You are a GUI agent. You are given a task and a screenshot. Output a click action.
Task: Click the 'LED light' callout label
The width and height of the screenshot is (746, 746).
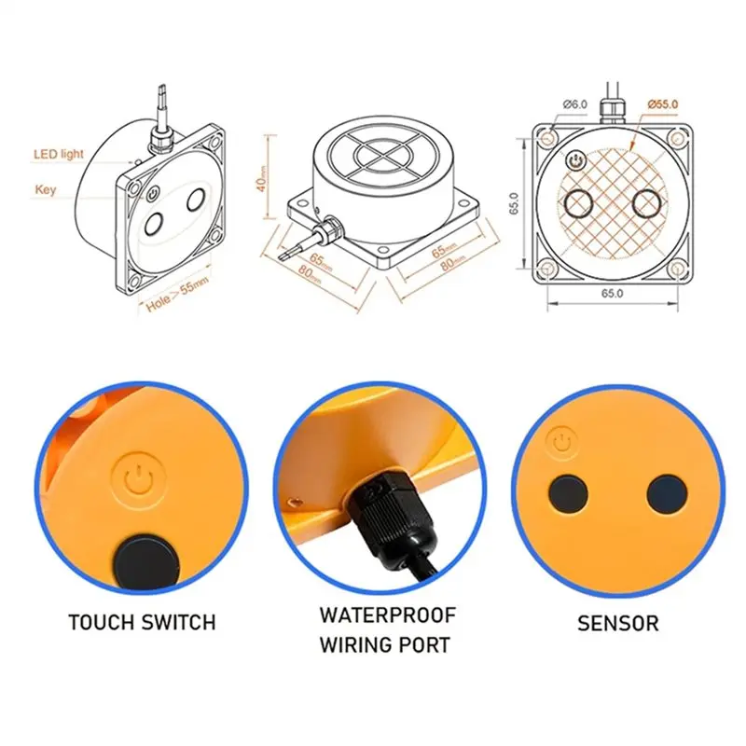point(59,154)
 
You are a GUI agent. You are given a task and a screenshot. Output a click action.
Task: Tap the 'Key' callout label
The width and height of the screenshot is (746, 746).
point(45,189)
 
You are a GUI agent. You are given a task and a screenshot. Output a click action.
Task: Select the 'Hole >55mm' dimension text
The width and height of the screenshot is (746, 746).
point(177,295)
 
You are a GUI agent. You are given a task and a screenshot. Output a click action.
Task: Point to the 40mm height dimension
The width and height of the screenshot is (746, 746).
point(262,178)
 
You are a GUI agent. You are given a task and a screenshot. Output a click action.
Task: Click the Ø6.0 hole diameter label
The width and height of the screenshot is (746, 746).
point(574,104)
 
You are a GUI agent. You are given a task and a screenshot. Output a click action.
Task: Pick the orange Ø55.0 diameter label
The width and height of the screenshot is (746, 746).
point(663,104)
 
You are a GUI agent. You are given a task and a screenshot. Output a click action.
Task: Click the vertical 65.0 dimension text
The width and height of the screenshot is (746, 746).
point(514,203)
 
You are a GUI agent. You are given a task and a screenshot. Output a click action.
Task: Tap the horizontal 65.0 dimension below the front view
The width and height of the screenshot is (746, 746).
point(612,293)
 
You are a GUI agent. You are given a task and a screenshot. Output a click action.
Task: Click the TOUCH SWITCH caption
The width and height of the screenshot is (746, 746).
point(142,622)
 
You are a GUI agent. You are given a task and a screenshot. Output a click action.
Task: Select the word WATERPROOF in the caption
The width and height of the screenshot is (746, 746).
point(388,615)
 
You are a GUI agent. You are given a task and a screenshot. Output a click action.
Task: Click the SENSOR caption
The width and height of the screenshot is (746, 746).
point(618,623)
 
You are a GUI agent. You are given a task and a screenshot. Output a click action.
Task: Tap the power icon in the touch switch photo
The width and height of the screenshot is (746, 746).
point(139,478)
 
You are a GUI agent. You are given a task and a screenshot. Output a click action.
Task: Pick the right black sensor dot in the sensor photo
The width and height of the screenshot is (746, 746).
point(667,494)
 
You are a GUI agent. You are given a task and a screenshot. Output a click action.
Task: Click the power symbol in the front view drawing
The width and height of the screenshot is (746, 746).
point(574,161)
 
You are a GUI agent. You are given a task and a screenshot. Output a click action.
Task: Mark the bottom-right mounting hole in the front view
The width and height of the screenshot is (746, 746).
point(677,269)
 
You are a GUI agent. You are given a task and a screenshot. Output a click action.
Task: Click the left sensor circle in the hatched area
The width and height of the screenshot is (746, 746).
point(578,203)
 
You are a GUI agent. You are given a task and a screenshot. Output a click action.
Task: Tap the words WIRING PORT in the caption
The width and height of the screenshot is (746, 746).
point(384,645)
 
